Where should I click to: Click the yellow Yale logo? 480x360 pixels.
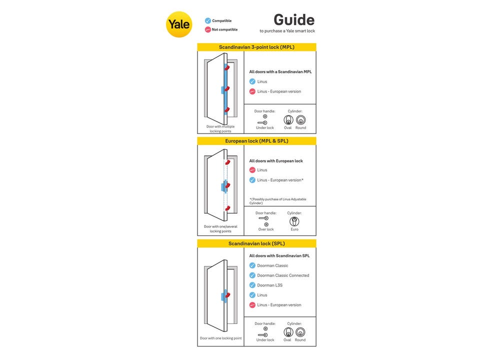tap(179, 24)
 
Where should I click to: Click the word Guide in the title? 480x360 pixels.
tap(294, 20)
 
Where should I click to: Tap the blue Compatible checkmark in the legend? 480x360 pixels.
tap(208, 20)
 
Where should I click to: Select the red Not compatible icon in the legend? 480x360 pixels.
tap(208, 29)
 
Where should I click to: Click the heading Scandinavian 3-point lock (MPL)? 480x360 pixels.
tap(256, 47)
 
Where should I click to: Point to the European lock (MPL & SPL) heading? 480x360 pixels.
tap(256, 141)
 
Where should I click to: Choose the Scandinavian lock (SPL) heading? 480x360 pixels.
tap(256, 243)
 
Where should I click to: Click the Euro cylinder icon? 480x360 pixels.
tap(294, 221)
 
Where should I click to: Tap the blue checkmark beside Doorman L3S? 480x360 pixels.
tap(252, 285)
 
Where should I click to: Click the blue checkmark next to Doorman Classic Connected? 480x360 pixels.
tap(252, 275)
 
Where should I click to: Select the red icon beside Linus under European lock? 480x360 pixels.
tap(252, 170)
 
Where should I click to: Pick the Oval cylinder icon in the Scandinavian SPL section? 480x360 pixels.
tap(288, 332)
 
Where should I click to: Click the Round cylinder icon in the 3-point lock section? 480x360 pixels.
tap(300, 120)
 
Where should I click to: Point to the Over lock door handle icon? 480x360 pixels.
tap(265, 221)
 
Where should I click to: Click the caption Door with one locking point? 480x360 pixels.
tap(220, 338)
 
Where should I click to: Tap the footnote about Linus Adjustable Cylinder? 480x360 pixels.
tap(277, 201)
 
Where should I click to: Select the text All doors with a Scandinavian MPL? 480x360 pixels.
tap(280, 71)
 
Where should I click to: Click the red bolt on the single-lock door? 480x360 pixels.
tap(227, 295)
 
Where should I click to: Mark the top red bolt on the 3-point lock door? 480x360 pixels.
tap(227, 67)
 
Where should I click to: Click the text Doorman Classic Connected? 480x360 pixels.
tap(283, 275)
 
